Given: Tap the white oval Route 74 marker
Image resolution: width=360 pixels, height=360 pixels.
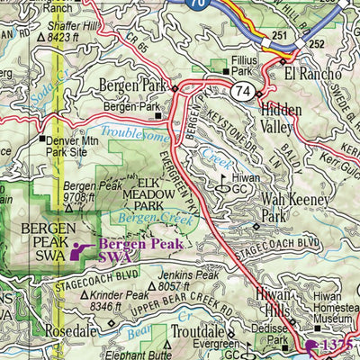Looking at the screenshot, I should click(240, 91).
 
